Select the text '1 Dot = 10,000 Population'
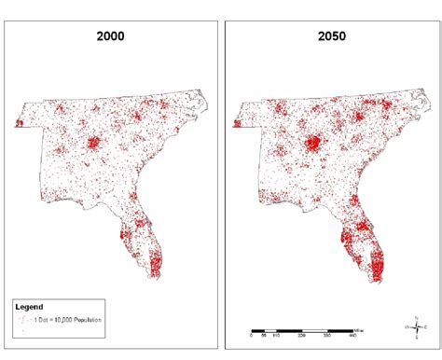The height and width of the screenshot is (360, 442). (x=68, y=320)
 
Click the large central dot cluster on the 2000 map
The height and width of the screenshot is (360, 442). (x=94, y=144)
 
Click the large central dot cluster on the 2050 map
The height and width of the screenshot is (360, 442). (x=313, y=144)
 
